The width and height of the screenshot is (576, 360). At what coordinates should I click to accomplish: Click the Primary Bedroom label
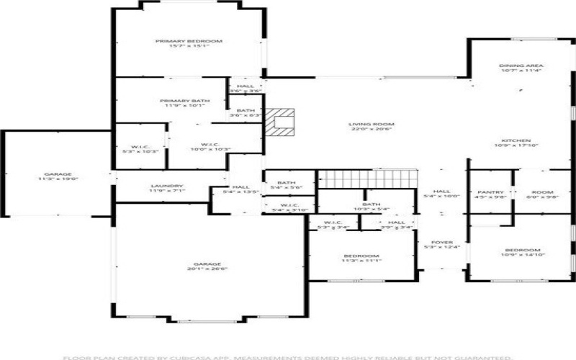[x=189, y=42]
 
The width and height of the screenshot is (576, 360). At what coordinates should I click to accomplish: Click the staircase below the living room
[x=368, y=178]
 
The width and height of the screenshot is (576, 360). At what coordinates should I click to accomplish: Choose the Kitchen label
[x=516, y=140]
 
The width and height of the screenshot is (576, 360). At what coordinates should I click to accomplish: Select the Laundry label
[x=167, y=186]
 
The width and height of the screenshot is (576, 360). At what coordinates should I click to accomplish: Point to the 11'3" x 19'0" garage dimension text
[x=57, y=179]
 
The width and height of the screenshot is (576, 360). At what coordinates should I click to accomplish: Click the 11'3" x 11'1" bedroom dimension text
[x=361, y=261]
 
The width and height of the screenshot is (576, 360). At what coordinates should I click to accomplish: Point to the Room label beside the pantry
[x=543, y=192]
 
